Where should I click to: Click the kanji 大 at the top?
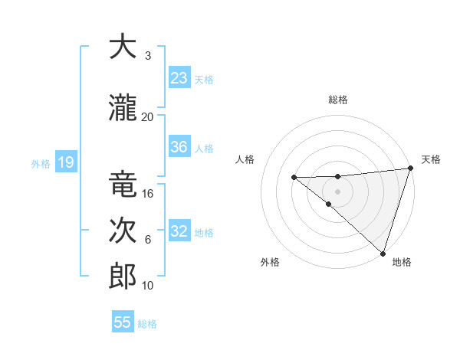tap(123, 47)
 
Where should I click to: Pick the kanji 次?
tap(123, 231)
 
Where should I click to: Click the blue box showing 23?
tap(179, 78)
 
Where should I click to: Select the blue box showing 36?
tap(179, 147)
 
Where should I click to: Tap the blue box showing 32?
tap(179, 231)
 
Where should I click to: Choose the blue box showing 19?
tap(65, 162)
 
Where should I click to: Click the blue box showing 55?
tap(123, 322)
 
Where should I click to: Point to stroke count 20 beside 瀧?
tap(147, 116)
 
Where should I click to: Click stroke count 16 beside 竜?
tap(148, 193)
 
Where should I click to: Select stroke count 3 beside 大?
tap(147, 55)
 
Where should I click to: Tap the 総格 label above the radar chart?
tap(337, 100)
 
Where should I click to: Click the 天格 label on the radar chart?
tap(431, 159)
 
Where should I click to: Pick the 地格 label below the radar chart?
tap(402, 262)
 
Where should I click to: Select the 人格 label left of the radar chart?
tap(245, 159)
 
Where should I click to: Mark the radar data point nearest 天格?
tap(410, 168)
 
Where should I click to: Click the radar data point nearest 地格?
tap(383, 253)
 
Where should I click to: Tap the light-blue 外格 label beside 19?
tap(41, 163)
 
